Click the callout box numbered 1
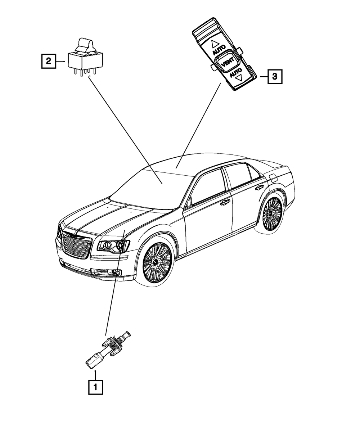click(x=95, y=387)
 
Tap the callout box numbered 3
click(x=274, y=77)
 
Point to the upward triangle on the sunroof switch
click(x=215, y=44)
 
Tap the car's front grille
click(x=76, y=244)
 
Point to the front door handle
click(x=225, y=202)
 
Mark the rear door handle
click(x=259, y=188)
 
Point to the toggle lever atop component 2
click(x=85, y=45)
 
